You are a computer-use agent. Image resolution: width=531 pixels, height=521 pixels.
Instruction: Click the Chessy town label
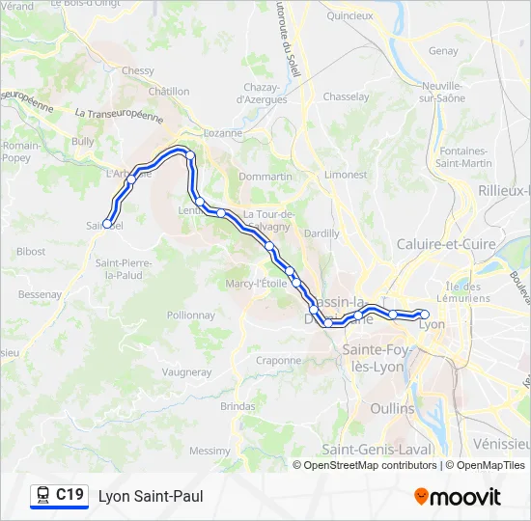pos(138,70)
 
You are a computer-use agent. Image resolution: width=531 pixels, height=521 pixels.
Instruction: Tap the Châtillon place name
pos(169,92)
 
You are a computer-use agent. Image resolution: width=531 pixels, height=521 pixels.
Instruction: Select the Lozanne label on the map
pos(223,133)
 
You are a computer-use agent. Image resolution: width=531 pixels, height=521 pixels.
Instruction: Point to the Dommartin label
pos(265,178)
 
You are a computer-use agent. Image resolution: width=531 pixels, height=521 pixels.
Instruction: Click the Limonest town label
pos(346,175)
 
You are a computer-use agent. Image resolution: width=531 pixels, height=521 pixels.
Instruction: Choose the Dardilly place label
pos(321,233)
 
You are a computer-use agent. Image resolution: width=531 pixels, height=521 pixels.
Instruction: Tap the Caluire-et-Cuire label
pos(446,245)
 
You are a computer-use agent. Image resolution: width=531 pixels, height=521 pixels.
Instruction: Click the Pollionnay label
pos(190,315)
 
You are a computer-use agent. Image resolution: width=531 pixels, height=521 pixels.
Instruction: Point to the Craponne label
pos(279,360)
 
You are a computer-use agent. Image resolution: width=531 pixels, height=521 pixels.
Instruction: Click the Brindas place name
pos(238,407)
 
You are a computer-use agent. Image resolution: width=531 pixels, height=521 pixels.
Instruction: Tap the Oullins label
pos(392,408)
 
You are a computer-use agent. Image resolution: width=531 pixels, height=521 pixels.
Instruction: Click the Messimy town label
pos(210,451)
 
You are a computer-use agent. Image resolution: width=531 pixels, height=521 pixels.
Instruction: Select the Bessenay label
pos(40,294)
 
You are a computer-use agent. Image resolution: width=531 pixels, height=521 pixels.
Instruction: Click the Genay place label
pos(443,51)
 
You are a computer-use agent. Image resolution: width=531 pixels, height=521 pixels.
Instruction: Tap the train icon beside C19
pos(42,495)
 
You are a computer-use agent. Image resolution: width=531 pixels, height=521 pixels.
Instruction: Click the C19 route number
pos(70,495)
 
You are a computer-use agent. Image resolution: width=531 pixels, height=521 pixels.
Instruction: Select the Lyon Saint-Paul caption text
pos(151,496)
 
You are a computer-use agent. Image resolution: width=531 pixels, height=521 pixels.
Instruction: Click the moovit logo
pos(458,497)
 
